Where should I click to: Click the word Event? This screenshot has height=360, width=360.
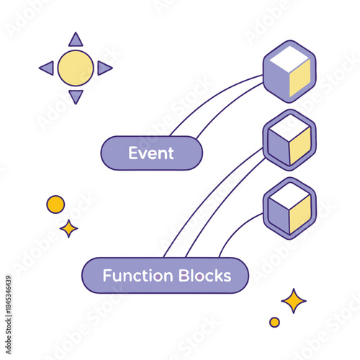(x=151, y=153)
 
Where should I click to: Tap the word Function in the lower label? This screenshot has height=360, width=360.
(x=138, y=275)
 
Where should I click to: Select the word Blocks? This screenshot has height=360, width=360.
(x=204, y=275)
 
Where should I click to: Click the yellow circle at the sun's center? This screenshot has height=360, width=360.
(x=76, y=68)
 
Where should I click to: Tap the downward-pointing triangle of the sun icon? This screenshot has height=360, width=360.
(x=76, y=96)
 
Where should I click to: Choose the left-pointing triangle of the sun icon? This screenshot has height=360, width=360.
(x=47, y=68)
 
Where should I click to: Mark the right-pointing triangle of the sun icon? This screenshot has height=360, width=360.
(x=104, y=68)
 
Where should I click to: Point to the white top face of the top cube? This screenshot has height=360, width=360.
(x=289, y=59)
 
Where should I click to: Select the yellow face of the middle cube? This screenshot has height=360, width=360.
(x=300, y=148)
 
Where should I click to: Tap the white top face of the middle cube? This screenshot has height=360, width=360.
(x=289, y=129)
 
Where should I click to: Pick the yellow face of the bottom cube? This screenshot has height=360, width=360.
(x=300, y=215)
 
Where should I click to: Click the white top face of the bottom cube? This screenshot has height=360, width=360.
(x=289, y=195)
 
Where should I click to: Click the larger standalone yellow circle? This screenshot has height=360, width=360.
(x=55, y=204)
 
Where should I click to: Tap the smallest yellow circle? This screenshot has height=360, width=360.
(x=274, y=322)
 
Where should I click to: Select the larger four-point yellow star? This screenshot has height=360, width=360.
(x=293, y=300)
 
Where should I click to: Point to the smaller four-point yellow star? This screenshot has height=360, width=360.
(x=68, y=228)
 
